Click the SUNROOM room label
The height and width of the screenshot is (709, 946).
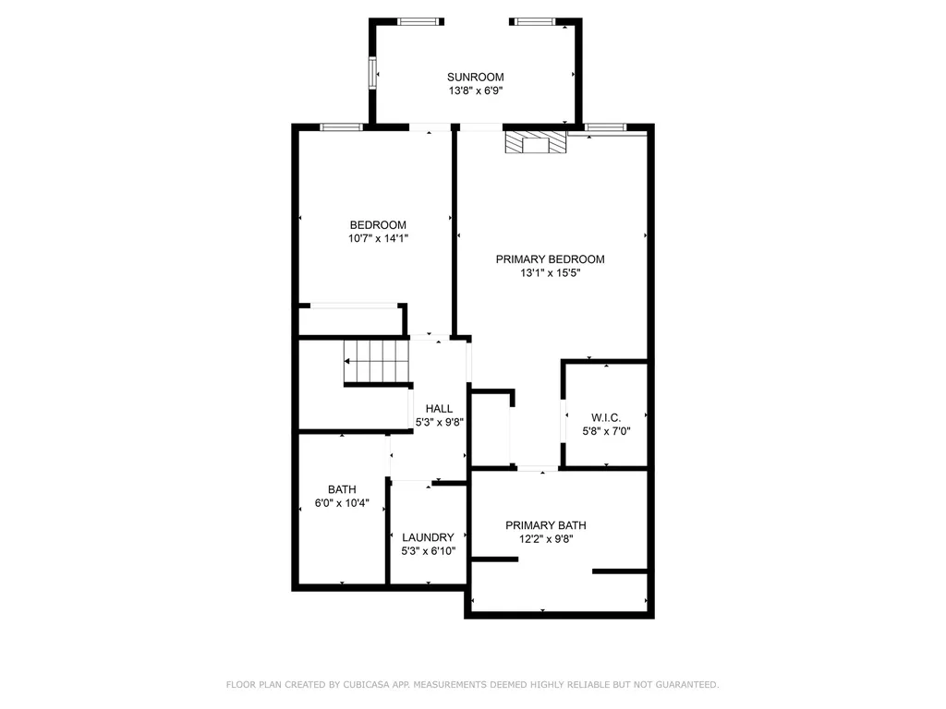[x=476, y=78]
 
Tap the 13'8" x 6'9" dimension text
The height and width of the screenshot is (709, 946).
[x=476, y=91]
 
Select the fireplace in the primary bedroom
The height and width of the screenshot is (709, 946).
[x=537, y=142]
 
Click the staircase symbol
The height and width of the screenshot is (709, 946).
[x=377, y=361]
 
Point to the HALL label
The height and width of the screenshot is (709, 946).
[x=439, y=409]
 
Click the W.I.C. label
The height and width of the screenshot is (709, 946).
[x=606, y=418]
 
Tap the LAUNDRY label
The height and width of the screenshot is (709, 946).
[x=428, y=537]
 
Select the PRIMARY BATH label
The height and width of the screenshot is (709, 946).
[x=546, y=525]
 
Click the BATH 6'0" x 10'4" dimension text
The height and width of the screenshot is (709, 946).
[x=342, y=503]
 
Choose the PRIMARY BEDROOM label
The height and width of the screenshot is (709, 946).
[x=551, y=259]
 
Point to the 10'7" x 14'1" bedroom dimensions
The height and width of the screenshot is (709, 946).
[x=378, y=238]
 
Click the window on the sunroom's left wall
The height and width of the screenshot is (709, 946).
[x=372, y=73]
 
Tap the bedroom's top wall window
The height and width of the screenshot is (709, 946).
[x=342, y=127]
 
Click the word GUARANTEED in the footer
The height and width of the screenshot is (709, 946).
[x=687, y=684]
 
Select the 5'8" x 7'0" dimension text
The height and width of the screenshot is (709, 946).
[x=606, y=431]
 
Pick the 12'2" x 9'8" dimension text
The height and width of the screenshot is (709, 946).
[x=546, y=539]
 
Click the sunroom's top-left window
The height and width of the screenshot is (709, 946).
[x=418, y=22]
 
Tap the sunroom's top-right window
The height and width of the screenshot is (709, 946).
[x=535, y=22]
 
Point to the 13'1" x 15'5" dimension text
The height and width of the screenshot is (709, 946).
[x=551, y=273]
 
